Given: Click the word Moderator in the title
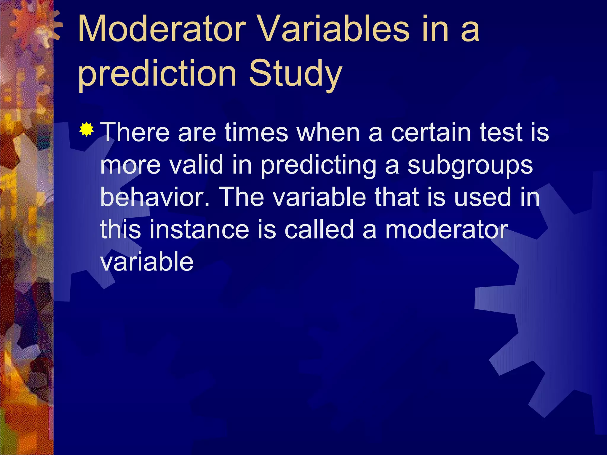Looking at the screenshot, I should (162, 30).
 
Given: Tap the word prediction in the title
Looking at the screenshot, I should (157, 73).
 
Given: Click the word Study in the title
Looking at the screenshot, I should (295, 73).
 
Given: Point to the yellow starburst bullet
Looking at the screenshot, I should (87, 129).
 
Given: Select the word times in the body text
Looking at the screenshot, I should (256, 132).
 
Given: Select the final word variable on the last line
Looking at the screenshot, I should (147, 262).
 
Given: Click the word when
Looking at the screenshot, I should (328, 132).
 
